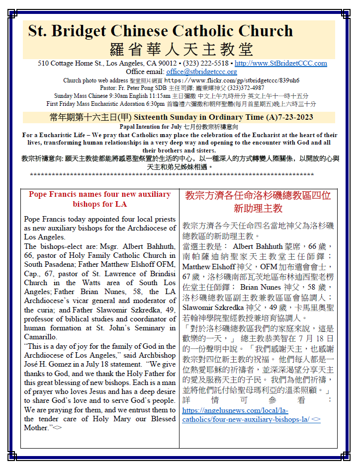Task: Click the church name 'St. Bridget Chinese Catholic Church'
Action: pyautogui.click(x=160, y=31)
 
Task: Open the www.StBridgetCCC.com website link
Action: pyautogui.click(x=280, y=63)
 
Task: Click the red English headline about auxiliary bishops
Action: pyautogui.click(x=100, y=199)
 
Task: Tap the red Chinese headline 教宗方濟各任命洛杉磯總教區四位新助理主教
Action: pyautogui.click(x=258, y=201)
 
